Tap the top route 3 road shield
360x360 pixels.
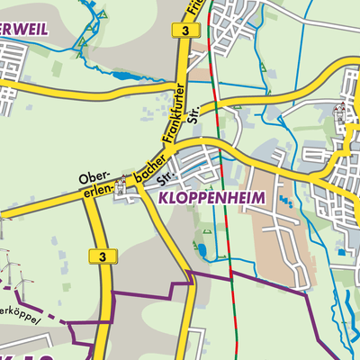184,31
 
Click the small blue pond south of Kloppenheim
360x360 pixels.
202,249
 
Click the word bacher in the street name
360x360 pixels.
148,176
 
